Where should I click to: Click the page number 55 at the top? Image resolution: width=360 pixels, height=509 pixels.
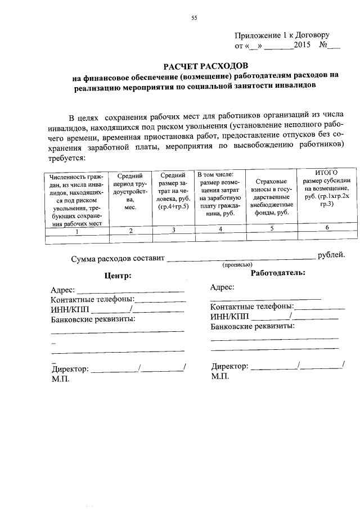point(194,18)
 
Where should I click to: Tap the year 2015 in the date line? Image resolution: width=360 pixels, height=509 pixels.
point(302,44)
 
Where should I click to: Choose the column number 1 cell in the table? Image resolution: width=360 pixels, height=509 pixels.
point(76,230)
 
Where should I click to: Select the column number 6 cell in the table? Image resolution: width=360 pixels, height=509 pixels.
point(327,228)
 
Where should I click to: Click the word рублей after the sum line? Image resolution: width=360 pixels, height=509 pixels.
point(331,255)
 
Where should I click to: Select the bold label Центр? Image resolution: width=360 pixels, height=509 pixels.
point(118,276)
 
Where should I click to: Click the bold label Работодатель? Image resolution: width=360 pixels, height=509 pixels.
point(278,273)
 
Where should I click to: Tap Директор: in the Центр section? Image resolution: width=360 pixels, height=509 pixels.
point(70,369)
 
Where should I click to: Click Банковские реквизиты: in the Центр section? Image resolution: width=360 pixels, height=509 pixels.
point(93,319)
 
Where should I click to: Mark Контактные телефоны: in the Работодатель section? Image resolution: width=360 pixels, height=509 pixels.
point(252,307)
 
